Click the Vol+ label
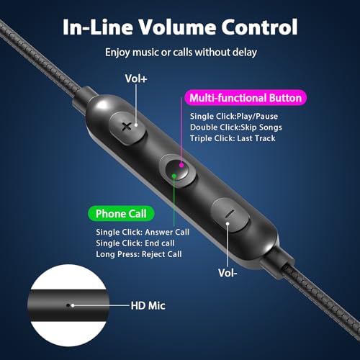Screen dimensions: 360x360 pyautogui.click(x=136, y=78)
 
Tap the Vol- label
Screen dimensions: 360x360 pyautogui.click(x=228, y=273)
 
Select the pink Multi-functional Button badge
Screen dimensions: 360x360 pyautogui.click(x=246, y=98)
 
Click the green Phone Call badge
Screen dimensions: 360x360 pyautogui.click(x=121, y=214)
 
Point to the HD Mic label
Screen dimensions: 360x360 pyautogui.click(x=148, y=306)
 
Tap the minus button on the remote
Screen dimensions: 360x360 pyautogui.click(x=230, y=215)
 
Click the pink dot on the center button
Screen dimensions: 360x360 pyautogui.click(x=181, y=165)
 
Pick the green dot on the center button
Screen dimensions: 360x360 pyautogui.click(x=174, y=176)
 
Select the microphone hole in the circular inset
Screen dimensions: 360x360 pyautogui.click(x=68, y=305)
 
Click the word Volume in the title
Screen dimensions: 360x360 pyautogui.click(x=178, y=27)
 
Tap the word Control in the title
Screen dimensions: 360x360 pyautogui.click(x=259, y=27)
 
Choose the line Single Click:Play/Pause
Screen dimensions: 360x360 pyautogui.click(x=234, y=116)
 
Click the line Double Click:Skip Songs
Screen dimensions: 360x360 pyautogui.click(x=236, y=127)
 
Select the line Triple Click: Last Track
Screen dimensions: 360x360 pyautogui.click(x=233, y=138)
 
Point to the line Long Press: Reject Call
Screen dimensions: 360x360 pyautogui.click(x=139, y=254)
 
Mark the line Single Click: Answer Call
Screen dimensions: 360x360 pyautogui.click(x=143, y=232)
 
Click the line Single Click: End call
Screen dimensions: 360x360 pyautogui.click(x=135, y=243)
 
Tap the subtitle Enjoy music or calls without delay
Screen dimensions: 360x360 pyautogui.click(x=181, y=53)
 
